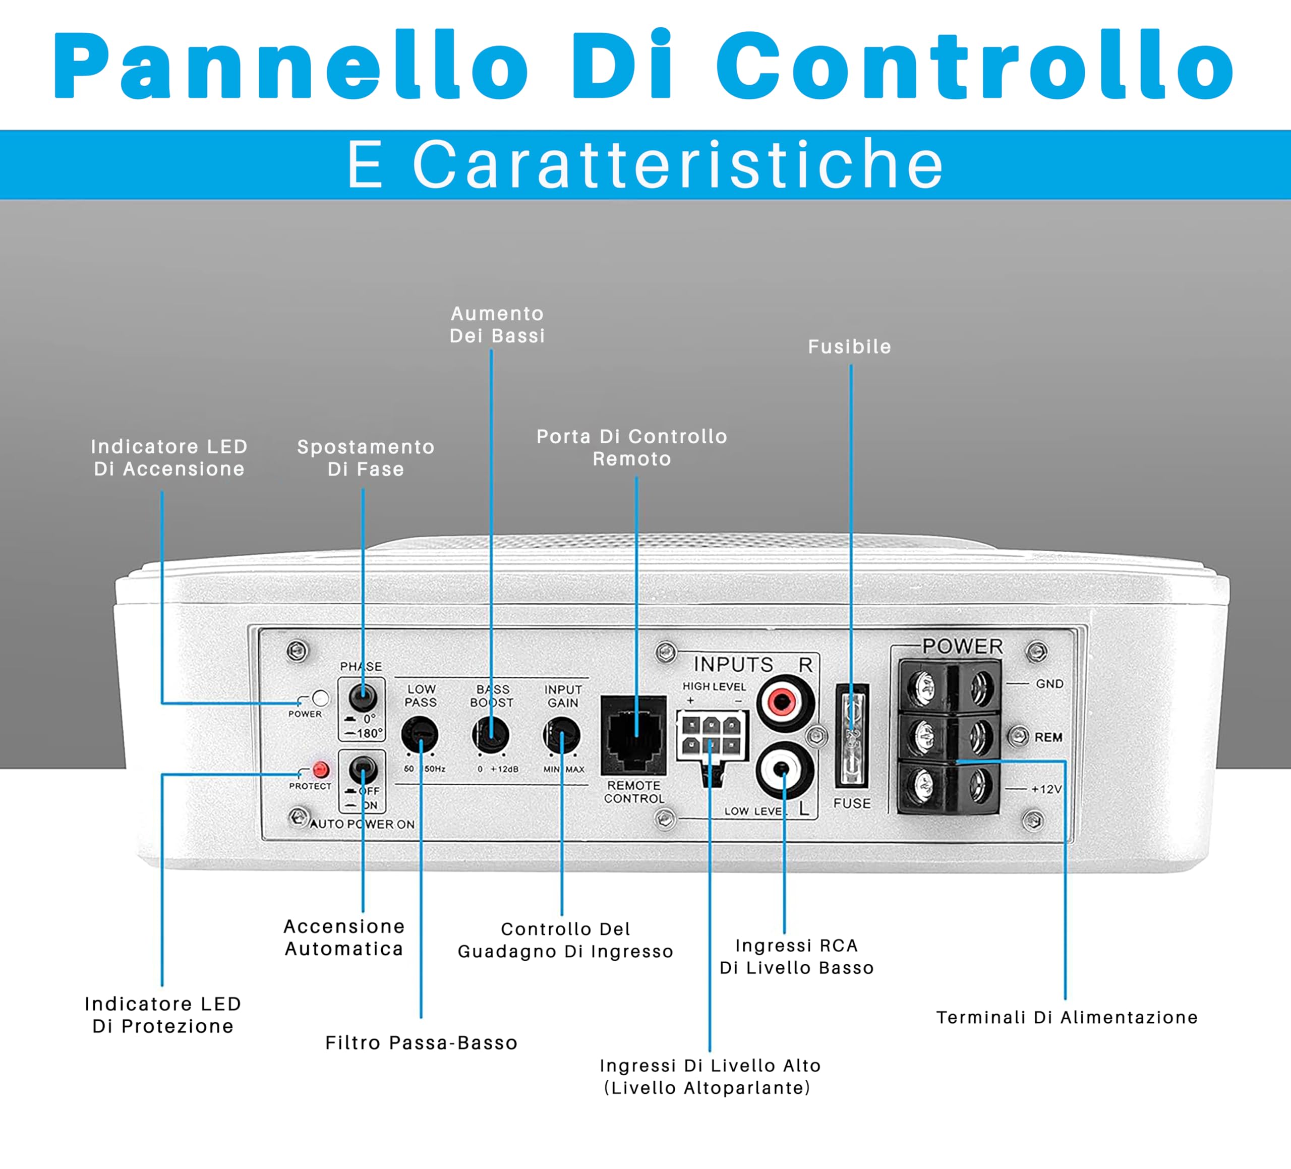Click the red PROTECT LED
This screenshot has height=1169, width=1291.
click(x=320, y=769)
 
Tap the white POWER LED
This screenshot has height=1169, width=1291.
click(x=320, y=698)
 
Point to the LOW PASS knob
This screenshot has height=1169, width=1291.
click(x=420, y=735)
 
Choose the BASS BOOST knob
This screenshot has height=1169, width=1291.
click(x=491, y=735)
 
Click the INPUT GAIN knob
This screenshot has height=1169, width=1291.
click(x=562, y=735)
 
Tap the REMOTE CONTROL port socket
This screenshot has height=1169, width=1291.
click(x=634, y=735)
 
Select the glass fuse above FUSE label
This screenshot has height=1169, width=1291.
click(x=852, y=735)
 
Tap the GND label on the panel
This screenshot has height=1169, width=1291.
click(x=1049, y=684)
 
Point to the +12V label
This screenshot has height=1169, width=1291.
click(x=1046, y=789)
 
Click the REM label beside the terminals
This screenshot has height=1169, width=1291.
click(x=1048, y=737)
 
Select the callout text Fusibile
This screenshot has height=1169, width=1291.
click(x=849, y=346)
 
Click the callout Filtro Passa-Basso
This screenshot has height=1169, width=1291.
click(x=422, y=1043)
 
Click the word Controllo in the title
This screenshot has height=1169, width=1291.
click(x=975, y=66)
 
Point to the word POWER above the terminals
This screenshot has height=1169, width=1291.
click(x=963, y=647)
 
